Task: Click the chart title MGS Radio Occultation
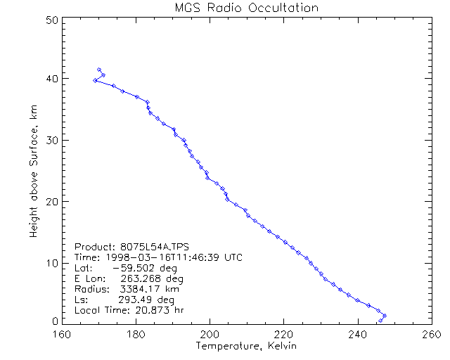(245, 8)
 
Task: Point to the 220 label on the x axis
(283, 333)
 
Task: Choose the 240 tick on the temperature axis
(358, 333)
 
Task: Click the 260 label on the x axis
(431, 333)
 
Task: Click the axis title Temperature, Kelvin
(246, 346)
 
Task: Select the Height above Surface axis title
(34, 172)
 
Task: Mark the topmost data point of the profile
(99, 70)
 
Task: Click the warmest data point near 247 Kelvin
(385, 316)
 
